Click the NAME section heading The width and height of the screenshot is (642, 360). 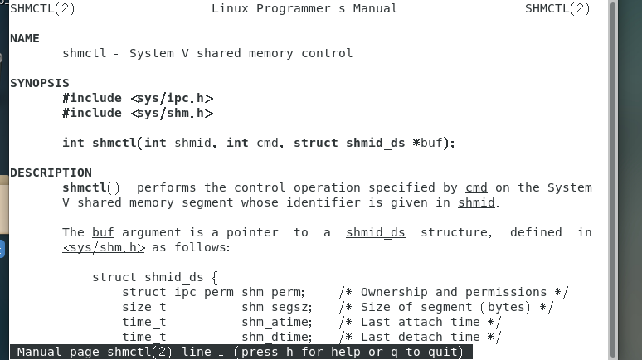(x=24, y=38)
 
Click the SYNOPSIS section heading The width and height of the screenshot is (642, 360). (x=39, y=83)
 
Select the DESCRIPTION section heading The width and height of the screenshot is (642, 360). (x=51, y=173)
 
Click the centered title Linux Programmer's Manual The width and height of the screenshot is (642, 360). (x=304, y=8)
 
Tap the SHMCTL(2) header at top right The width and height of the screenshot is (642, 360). (x=557, y=8)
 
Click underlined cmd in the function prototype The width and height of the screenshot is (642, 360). (x=267, y=143)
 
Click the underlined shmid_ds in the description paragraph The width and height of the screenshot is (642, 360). (x=375, y=232)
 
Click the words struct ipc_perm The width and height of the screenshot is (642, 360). (x=178, y=292)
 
